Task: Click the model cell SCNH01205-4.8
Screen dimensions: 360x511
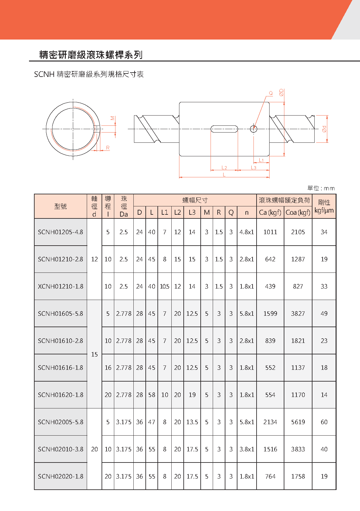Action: pos(61,232)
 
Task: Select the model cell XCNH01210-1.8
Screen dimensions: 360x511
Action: pos(61,286)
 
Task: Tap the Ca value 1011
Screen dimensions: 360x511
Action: pos(270,232)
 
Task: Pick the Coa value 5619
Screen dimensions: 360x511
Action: pos(298,422)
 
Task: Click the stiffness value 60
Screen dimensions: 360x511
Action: pos(324,422)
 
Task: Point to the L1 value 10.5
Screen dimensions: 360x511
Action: pos(164,286)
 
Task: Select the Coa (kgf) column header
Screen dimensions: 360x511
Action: pos(298,213)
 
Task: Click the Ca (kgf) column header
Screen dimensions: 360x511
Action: pos(270,213)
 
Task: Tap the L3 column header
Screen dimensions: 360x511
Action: pos(192,213)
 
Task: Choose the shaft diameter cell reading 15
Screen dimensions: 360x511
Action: pos(94,354)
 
